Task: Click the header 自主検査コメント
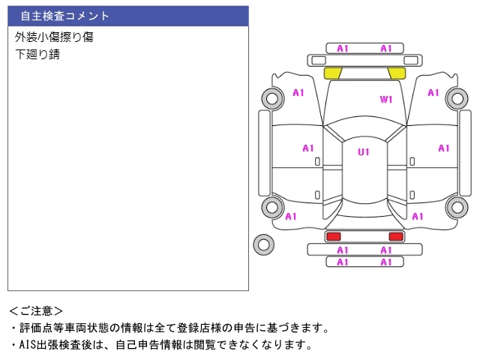(x=64, y=16)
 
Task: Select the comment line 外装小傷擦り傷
(x=54, y=37)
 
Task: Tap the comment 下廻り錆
(x=37, y=55)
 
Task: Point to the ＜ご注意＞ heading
(x=36, y=310)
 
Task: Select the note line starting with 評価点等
(x=169, y=328)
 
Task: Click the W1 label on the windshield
(x=386, y=99)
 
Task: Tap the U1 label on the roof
(x=364, y=152)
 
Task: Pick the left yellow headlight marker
(x=332, y=73)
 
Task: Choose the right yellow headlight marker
(x=396, y=73)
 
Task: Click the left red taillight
(x=332, y=236)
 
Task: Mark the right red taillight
(x=395, y=236)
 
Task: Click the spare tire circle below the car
(x=264, y=243)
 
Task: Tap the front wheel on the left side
(x=271, y=97)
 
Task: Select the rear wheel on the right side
(x=456, y=208)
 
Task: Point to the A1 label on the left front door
(x=308, y=148)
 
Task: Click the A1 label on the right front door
(x=443, y=148)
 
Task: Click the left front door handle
(x=318, y=162)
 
